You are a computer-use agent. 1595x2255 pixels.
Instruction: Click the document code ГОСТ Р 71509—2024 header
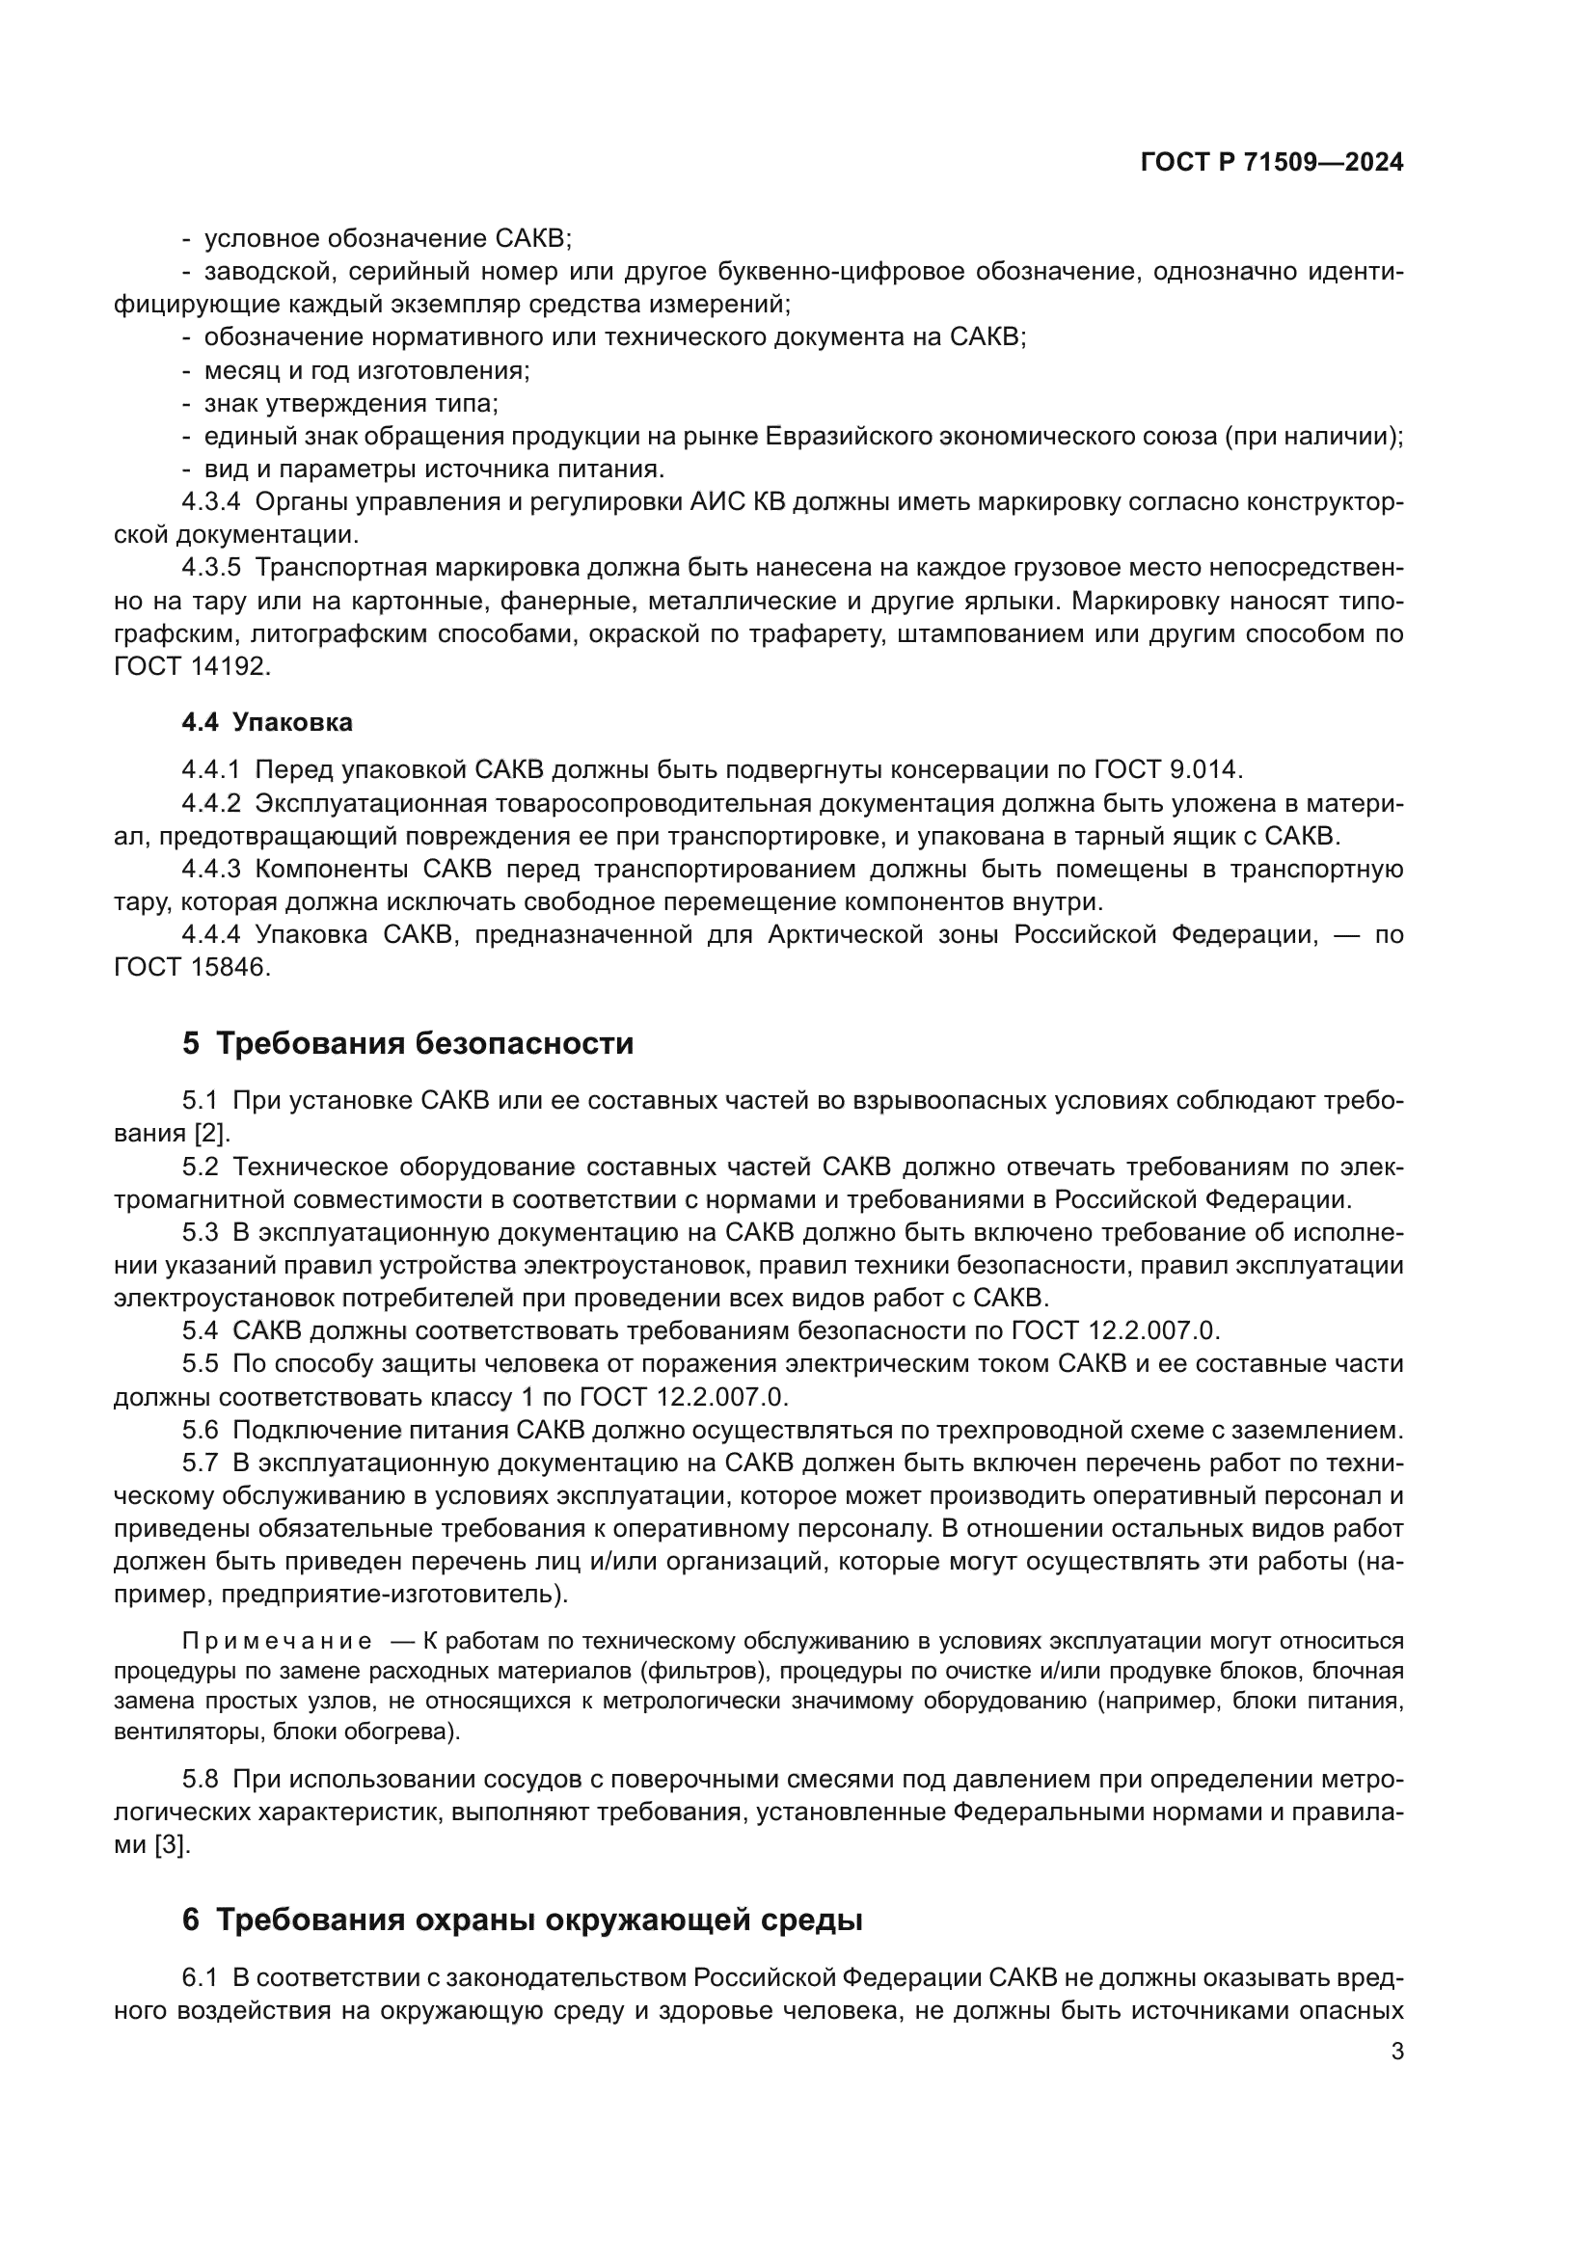[x=1271, y=163]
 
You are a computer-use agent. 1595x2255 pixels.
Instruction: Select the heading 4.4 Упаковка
[x=266, y=723]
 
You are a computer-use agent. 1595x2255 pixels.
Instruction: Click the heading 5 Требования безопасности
[x=408, y=1043]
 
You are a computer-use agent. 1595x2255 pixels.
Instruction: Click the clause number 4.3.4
[x=210, y=502]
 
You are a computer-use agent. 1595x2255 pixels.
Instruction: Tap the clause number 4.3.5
[x=210, y=568]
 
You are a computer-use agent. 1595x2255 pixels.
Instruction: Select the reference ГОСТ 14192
[x=191, y=667]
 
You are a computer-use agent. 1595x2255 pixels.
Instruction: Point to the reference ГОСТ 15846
[x=191, y=967]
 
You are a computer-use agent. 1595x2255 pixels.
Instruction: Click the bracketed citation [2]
[x=210, y=1134]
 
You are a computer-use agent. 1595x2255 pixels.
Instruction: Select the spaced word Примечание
[x=277, y=1641]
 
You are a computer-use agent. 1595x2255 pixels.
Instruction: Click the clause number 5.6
[x=200, y=1430]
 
